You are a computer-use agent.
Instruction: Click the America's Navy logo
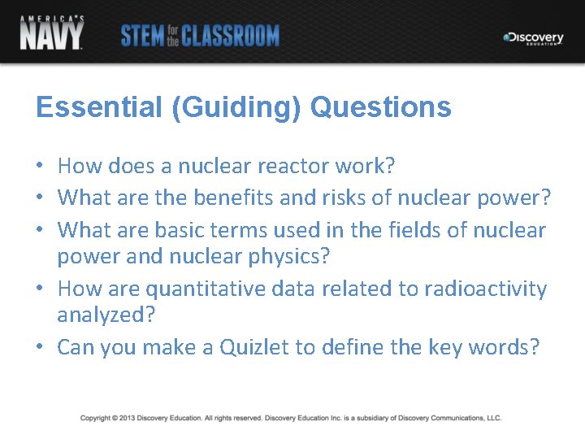[x=51, y=32]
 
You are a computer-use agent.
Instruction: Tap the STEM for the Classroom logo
[x=200, y=36]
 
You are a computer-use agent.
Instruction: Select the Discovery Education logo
[x=533, y=38]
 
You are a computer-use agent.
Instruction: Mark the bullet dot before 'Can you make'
[x=40, y=349]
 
